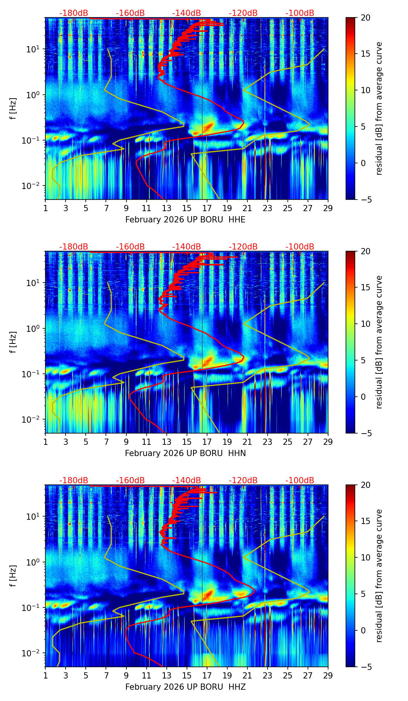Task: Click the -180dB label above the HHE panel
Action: pos(74,13)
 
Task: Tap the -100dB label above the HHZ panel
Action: pos(300,481)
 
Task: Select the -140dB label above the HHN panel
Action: pos(187,247)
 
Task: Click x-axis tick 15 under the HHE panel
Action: pos(187,208)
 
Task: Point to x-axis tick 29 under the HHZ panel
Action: pos(328,675)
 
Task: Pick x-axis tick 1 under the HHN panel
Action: pos(45,442)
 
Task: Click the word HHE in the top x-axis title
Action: pos(237,220)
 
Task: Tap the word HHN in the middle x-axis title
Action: pos(237,453)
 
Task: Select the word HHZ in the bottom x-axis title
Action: pos(237,687)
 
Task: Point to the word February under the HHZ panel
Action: pos(143,687)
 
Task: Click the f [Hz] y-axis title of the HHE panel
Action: pos(13,109)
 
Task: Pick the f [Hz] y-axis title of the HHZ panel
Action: pos(13,576)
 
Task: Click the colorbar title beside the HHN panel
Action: pos(379,342)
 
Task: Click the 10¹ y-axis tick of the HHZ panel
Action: pos(34,516)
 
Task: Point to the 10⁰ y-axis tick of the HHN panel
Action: pos(34,328)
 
